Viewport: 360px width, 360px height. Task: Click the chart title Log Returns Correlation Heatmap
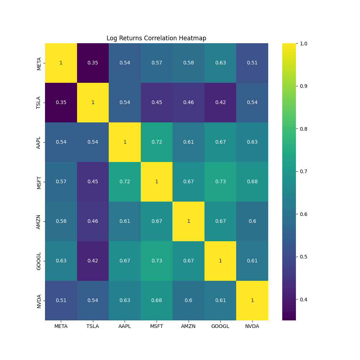[156, 38]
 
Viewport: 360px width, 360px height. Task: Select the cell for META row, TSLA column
[93, 63]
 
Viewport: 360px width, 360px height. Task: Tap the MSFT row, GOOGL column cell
[220, 182]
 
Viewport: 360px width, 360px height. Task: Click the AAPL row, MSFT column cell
[157, 142]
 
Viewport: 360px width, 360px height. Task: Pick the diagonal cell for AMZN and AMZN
[189, 221]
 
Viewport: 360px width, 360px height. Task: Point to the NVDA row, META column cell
[61, 301]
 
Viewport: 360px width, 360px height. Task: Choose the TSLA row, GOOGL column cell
[220, 103]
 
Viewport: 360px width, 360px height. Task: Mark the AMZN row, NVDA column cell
[252, 221]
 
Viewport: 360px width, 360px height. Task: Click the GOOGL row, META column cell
[61, 261]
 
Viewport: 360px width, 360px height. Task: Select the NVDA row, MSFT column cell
[157, 301]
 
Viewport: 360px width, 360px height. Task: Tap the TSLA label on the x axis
[93, 327]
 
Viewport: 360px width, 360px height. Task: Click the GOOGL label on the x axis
[220, 327]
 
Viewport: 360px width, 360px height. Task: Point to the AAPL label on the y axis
[39, 142]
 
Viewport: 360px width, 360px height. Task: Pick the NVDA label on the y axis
[39, 301]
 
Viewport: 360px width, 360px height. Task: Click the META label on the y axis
[39, 63]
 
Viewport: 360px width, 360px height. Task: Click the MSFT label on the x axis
[157, 327]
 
